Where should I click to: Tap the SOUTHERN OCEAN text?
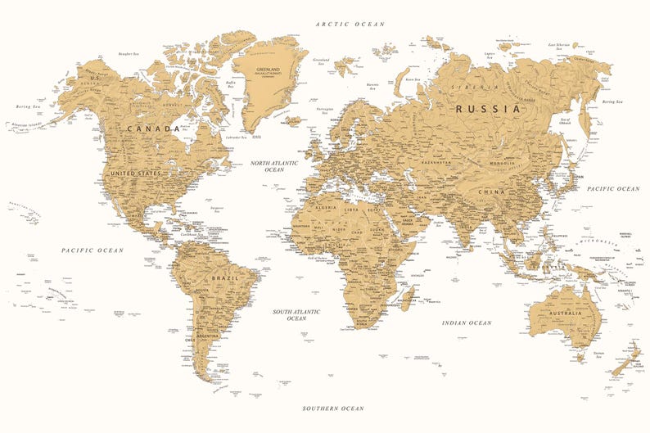(x=332, y=408)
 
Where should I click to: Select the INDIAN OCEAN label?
(x=467, y=323)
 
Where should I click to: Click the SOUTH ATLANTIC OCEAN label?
(x=296, y=314)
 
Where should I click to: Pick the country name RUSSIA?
(x=488, y=108)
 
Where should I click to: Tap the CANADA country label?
(x=153, y=129)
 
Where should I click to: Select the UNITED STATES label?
(x=135, y=174)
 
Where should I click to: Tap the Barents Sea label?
(x=373, y=85)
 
